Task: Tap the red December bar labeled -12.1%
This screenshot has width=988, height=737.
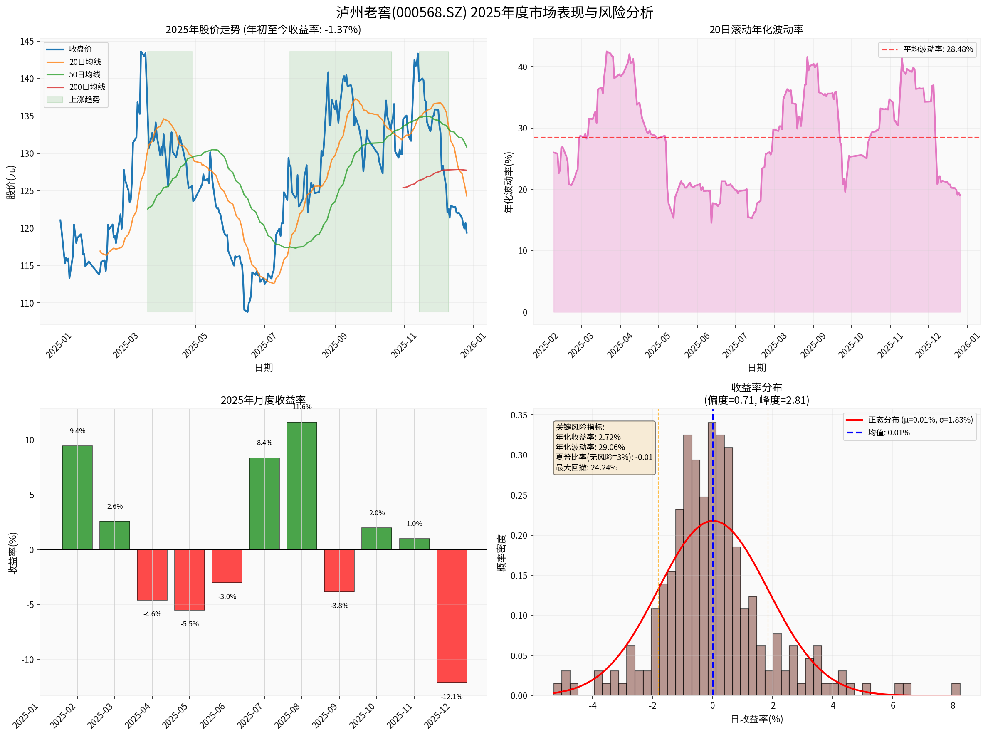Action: [452, 616]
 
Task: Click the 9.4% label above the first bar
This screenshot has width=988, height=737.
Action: [77, 431]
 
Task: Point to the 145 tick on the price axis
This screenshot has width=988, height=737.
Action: [27, 42]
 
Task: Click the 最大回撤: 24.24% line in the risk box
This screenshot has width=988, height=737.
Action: [586, 467]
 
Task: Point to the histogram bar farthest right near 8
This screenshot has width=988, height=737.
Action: [956, 689]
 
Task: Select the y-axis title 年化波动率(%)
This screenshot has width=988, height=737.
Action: [509, 183]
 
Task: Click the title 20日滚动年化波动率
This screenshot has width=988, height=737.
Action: [756, 30]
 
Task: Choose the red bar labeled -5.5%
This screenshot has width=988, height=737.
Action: [190, 579]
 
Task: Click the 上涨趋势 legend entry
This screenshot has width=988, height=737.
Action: [84, 99]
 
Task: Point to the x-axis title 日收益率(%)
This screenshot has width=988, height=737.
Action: [756, 719]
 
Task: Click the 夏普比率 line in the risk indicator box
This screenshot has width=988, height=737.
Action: [603, 457]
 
